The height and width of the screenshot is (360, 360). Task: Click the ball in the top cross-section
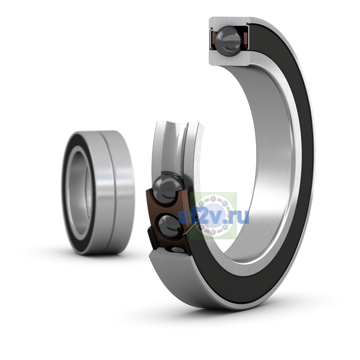coord(228,41)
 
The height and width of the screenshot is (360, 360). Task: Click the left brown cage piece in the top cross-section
coord(213,38)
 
